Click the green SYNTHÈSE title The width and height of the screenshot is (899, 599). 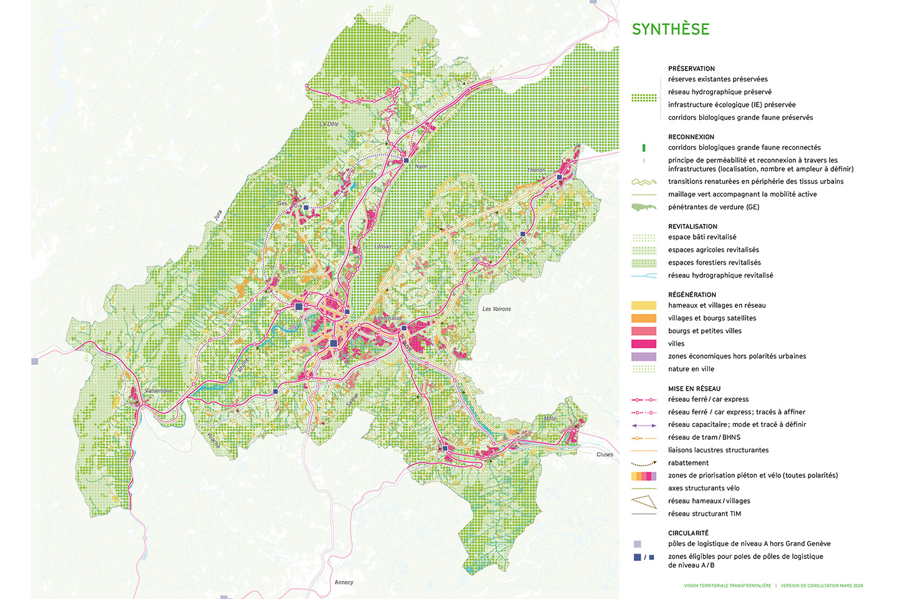point(671,29)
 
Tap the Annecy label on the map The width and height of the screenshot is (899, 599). point(344,582)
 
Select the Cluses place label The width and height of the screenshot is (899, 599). point(604,454)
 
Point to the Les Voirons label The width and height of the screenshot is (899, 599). point(496,309)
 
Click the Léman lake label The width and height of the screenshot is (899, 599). point(383,246)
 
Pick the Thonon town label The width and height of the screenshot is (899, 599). point(536,170)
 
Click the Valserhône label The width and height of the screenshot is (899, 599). point(159,391)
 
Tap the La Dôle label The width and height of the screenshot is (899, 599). point(329,124)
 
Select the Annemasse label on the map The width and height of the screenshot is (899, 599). point(388,318)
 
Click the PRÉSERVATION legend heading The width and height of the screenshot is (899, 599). point(691,69)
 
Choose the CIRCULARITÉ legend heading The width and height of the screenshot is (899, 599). point(688,533)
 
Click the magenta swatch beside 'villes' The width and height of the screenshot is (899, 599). point(644,344)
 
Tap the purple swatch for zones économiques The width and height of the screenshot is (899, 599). point(644,356)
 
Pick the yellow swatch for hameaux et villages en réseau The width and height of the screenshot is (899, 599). point(644,306)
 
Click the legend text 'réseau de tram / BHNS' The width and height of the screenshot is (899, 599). point(704,437)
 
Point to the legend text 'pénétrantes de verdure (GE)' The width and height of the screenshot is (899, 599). point(714,207)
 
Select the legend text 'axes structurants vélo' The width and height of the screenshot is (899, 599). point(704,488)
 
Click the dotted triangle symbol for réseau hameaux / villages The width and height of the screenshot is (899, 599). point(644,502)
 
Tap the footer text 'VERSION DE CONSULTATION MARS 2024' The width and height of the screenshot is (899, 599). point(822,586)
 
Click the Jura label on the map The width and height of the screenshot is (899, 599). point(218,215)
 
